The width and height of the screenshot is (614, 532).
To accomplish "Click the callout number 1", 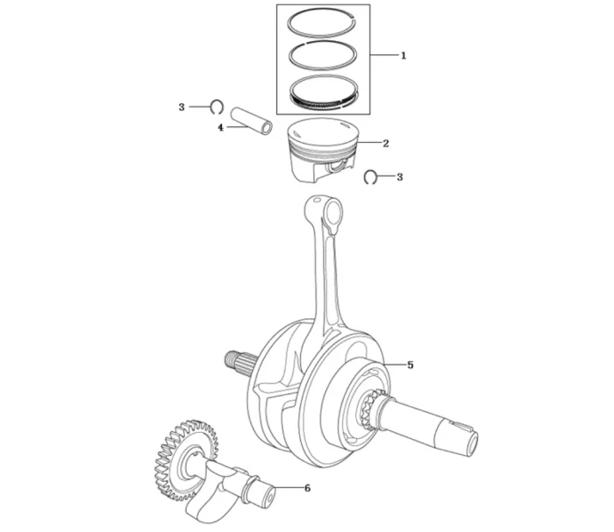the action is coord(403,55).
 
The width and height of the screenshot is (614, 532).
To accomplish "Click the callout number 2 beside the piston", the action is coord(386,144).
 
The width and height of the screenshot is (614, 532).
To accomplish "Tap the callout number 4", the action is coord(221,128).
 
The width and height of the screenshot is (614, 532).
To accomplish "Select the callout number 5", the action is coord(410,365).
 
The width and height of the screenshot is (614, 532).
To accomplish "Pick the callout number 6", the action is coord(307,488).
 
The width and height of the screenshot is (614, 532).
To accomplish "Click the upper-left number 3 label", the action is coord(182,107).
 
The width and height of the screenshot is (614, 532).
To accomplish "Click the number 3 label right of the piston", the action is coord(399,177).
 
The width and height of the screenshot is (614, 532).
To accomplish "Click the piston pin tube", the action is coord(251,121).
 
